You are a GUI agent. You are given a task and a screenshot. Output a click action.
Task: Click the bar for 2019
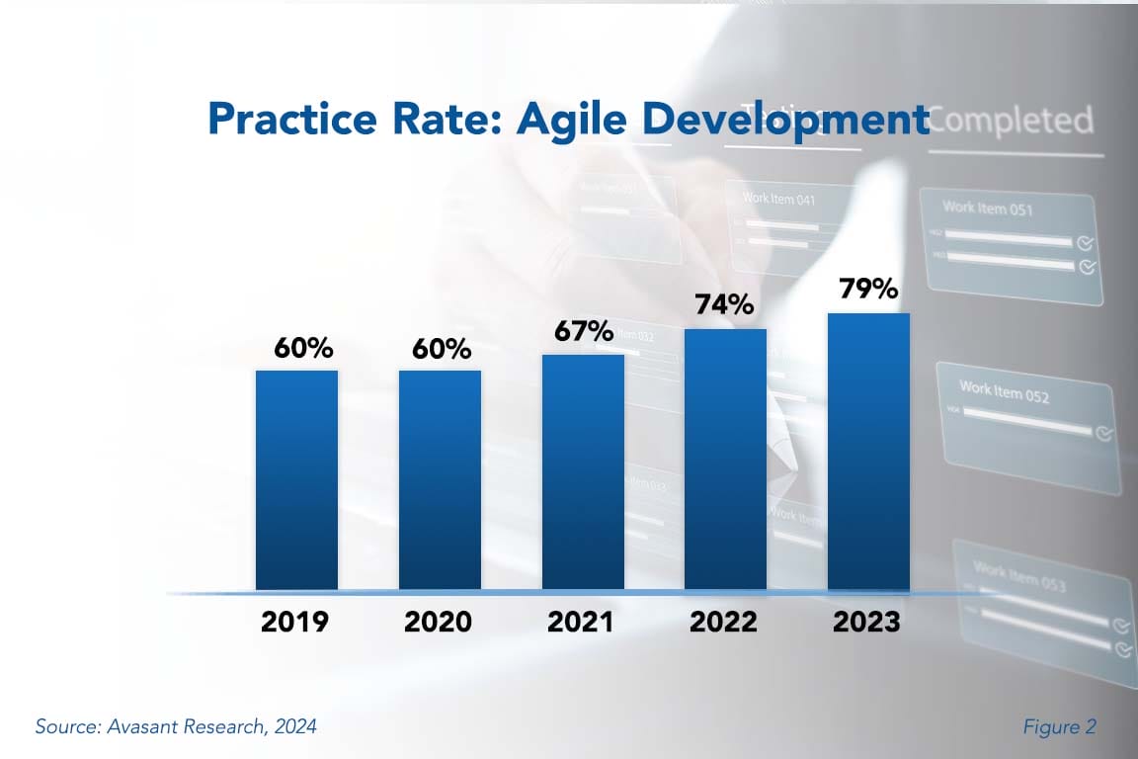coord(296,480)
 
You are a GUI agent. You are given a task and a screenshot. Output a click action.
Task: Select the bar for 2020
coord(440,480)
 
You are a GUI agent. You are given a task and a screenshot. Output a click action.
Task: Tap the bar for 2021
coord(583,472)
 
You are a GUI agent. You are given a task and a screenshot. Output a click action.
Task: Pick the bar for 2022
coord(725,460)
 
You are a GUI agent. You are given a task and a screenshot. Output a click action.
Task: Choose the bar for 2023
coord(868,452)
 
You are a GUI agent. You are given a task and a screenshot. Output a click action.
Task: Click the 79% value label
coord(868,289)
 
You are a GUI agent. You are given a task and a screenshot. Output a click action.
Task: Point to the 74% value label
coord(724,303)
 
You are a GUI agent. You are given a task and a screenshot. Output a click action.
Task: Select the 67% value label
coord(582,330)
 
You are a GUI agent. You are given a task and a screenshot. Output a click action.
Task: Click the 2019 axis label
coord(295,622)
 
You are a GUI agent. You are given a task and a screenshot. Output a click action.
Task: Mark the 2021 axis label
coord(581,622)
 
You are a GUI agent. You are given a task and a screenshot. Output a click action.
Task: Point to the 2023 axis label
coord(866,622)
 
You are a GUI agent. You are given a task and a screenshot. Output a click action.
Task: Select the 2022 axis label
coord(724,622)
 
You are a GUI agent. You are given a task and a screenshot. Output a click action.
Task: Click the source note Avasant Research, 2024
coord(176,726)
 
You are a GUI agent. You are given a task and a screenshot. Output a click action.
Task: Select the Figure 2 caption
coord(1059,726)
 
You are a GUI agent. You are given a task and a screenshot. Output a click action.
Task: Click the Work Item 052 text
coord(1004,391)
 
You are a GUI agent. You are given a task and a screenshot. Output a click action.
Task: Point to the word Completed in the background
coord(1013,121)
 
